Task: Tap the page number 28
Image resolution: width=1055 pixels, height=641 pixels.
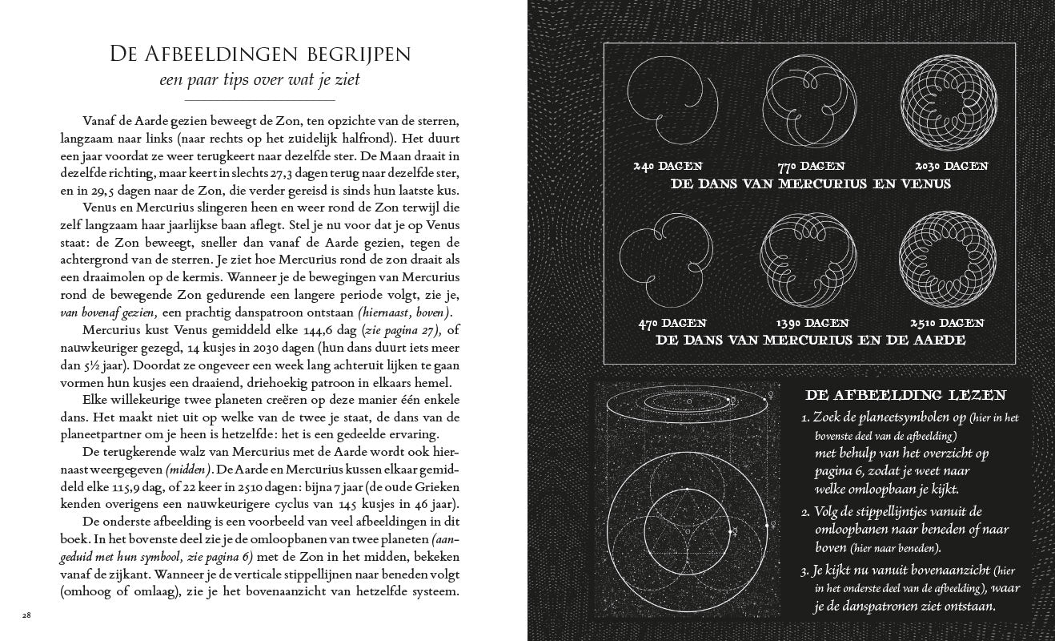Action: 26,615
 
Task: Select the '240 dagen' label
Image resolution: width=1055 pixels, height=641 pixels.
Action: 666,167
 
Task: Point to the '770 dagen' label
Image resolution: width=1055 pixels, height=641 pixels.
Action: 811,167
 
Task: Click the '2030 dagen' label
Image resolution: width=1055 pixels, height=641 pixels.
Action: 952,167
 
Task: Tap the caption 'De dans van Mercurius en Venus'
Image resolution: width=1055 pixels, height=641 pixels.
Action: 811,184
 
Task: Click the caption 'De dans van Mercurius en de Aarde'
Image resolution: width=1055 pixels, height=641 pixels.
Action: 811,341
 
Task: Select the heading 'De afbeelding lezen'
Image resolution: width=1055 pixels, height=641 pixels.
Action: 905,395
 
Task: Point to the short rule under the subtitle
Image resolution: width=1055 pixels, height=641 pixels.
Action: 259,101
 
